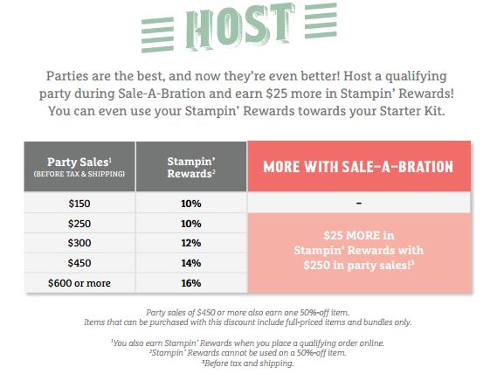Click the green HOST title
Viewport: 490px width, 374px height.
(x=240, y=27)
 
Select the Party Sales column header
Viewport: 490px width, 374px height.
(x=79, y=166)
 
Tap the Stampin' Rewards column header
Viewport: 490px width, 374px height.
(x=191, y=166)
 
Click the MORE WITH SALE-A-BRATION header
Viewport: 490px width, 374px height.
(x=359, y=166)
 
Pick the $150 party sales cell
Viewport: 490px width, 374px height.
(x=79, y=204)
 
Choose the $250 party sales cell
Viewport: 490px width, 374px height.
(x=79, y=224)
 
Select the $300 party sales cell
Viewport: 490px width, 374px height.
(x=79, y=243)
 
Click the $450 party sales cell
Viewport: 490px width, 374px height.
(x=79, y=263)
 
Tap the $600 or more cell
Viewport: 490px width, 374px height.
(x=79, y=283)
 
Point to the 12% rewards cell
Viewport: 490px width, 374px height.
(x=191, y=243)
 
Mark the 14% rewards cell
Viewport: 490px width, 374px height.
(x=191, y=263)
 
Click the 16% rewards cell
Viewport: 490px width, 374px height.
(x=191, y=283)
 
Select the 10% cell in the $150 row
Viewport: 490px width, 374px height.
(x=191, y=204)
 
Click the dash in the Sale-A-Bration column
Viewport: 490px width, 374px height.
(x=359, y=204)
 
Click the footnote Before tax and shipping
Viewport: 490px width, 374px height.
(x=248, y=363)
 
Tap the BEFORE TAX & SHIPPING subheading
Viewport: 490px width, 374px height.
(x=79, y=174)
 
